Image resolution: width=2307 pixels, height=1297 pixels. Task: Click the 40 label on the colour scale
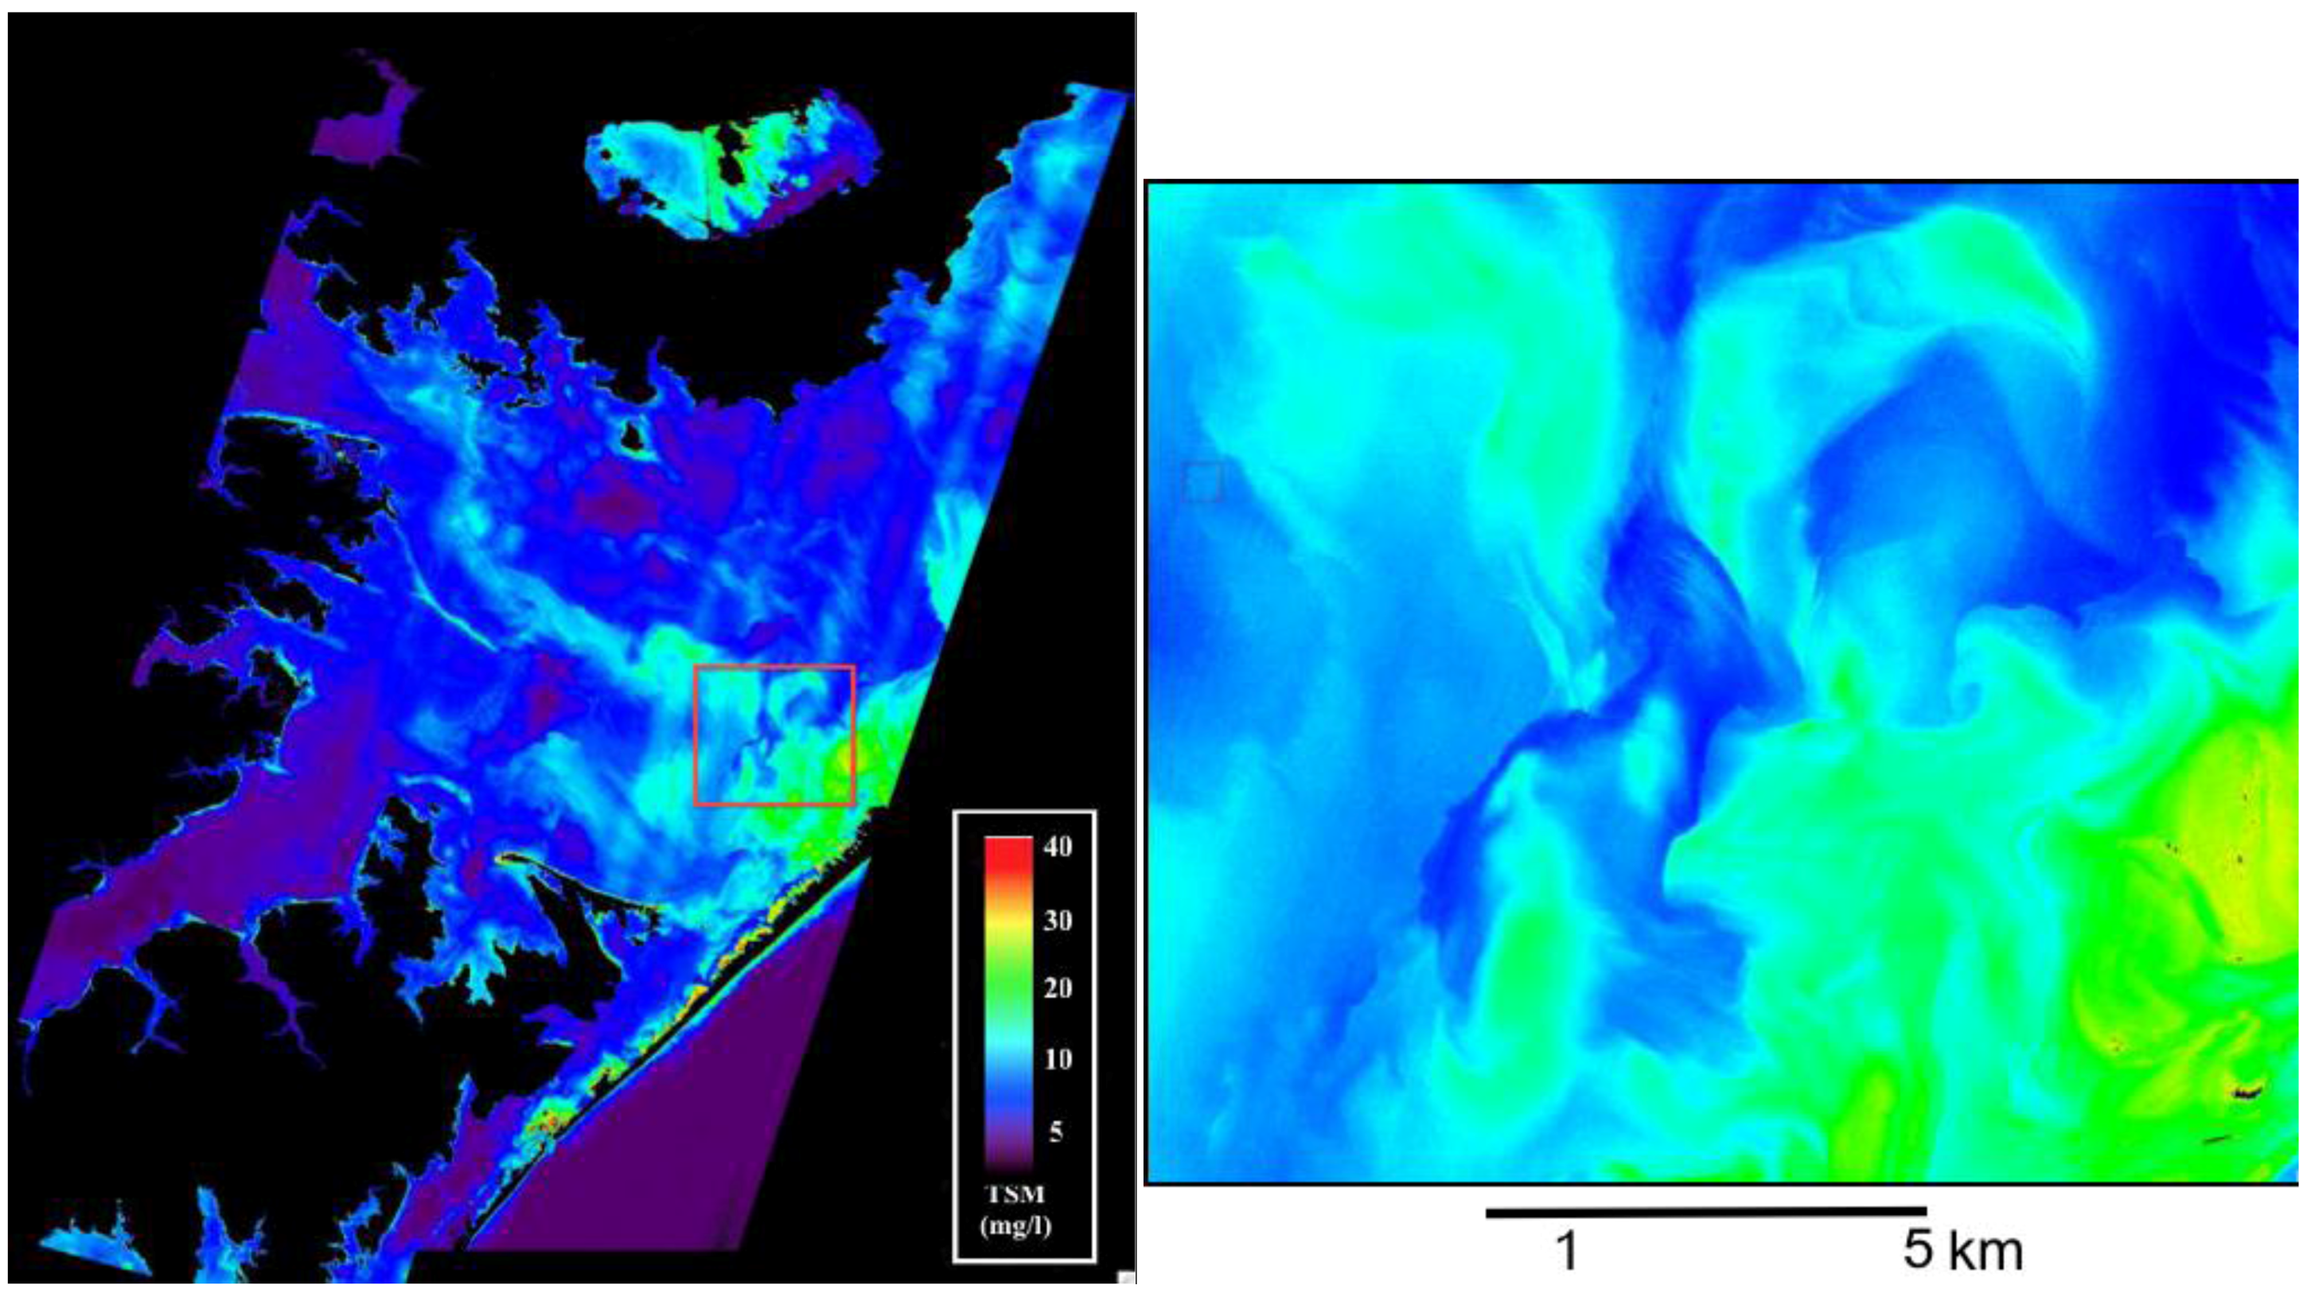click(1058, 847)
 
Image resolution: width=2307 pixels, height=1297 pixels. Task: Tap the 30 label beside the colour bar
click(1058, 920)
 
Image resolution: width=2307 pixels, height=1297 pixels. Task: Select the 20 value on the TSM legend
click(1058, 988)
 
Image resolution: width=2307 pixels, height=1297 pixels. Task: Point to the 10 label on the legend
click(1058, 1059)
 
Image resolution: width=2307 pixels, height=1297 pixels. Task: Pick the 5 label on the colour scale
click(1056, 1131)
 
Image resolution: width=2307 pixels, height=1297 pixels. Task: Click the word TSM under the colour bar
click(1015, 1195)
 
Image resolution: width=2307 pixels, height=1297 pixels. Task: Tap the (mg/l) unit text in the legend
click(1015, 1225)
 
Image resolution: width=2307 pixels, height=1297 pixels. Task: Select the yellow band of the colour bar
click(1008, 922)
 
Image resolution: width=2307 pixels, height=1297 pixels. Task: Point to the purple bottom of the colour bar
click(1008, 1151)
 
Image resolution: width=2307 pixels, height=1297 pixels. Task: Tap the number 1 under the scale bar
click(1566, 1252)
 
